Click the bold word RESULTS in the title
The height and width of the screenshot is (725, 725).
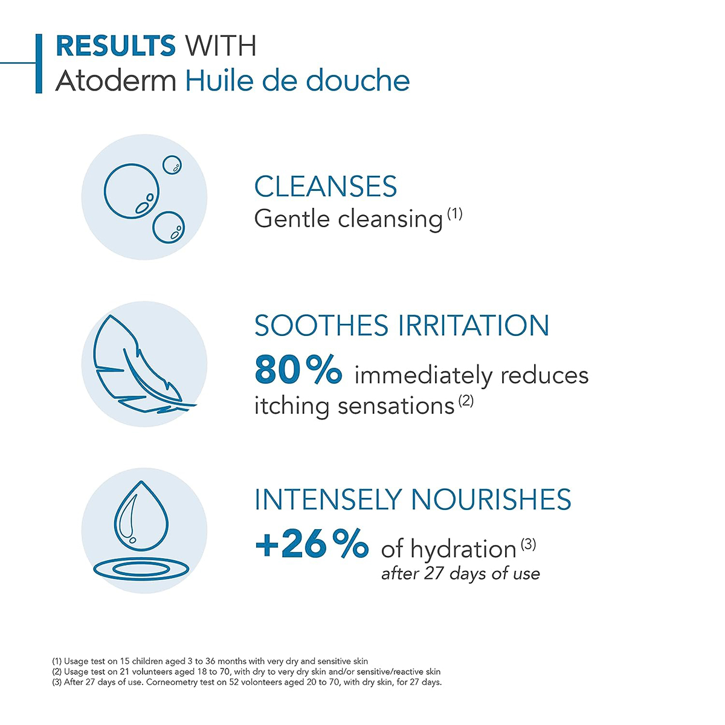pos(115,47)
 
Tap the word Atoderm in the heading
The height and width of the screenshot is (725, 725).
pos(115,81)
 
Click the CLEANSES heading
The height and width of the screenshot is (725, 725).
pos(325,187)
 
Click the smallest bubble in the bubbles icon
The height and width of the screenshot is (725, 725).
pos(172,164)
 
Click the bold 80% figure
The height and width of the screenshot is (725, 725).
pos(298,370)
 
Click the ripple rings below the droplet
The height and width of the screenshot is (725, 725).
pos(143,569)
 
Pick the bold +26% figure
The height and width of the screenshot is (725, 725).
pos(311,544)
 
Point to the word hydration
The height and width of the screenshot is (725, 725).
pos(463,549)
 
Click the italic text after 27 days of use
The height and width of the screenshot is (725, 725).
pos(460,573)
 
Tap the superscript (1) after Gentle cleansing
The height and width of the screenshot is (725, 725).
pos(454,213)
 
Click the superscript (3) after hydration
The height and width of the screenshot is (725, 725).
pos(528,544)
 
